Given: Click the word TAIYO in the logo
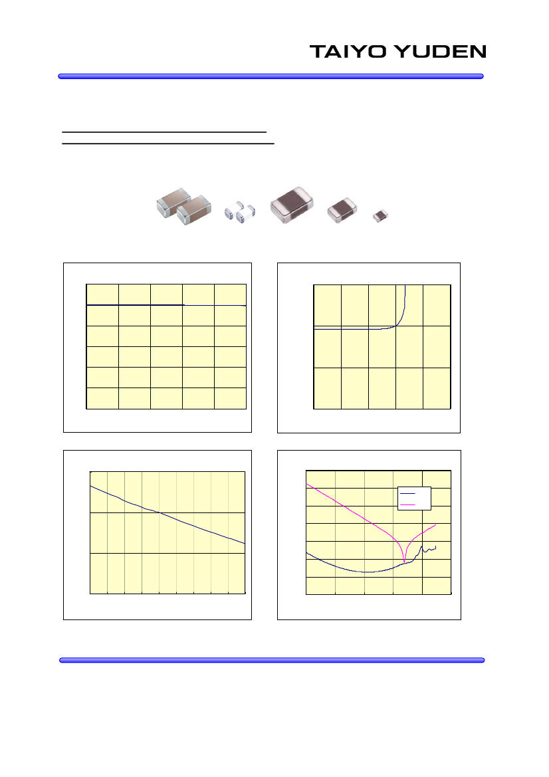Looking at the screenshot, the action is pyautogui.click(x=348, y=52).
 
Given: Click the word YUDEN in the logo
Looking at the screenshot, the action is pyautogui.click(x=441, y=52).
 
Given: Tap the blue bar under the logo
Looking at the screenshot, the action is pyautogui.click(x=271, y=76).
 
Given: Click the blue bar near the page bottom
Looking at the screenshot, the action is pyautogui.click(x=272, y=660).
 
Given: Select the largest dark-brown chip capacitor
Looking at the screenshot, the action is pyautogui.click(x=292, y=205).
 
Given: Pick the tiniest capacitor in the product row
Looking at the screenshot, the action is pyautogui.click(x=380, y=215).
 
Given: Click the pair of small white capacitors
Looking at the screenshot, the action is pyautogui.click(x=240, y=211).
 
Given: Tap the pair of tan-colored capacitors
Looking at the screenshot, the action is pyautogui.click(x=184, y=206).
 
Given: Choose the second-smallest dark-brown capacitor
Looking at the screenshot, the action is pyautogui.click(x=342, y=209).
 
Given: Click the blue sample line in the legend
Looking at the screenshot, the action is pyautogui.click(x=407, y=494).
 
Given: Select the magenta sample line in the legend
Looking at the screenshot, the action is pyautogui.click(x=407, y=504).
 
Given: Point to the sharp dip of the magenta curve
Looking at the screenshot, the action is pyautogui.click(x=405, y=563).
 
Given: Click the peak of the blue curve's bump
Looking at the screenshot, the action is pyautogui.click(x=421, y=546).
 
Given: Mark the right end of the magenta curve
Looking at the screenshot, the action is pyautogui.click(x=436, y=524).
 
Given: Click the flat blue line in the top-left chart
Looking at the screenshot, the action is pyautogui.click(x=166, y=305).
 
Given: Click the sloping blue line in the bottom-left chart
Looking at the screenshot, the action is pyautogui.click(x=167, y=515).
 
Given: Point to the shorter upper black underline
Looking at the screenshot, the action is pyautogui.click(x=164, y=132).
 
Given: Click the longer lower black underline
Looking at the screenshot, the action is pyautogui.click(x=168, y=144).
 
